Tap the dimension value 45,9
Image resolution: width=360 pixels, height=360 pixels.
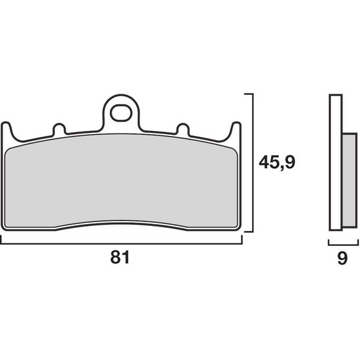[x=276, y=163]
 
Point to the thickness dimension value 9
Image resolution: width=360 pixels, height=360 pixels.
[x=342, y=259]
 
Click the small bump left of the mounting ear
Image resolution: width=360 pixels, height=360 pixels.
[x=60, y=129]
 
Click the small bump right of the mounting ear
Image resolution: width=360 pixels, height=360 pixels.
[x=182, y=129]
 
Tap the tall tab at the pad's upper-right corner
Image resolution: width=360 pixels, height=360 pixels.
[x=235, y=128]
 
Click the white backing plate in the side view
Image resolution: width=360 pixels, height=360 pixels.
[x=335, y=168]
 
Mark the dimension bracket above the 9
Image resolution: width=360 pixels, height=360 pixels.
[x=342, y=243]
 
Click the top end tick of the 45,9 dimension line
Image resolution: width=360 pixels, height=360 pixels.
[x=249, y=94]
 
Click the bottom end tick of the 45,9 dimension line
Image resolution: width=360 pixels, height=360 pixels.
[x=249, y=232]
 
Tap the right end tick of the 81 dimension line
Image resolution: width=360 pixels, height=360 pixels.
[x=241, y=240]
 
